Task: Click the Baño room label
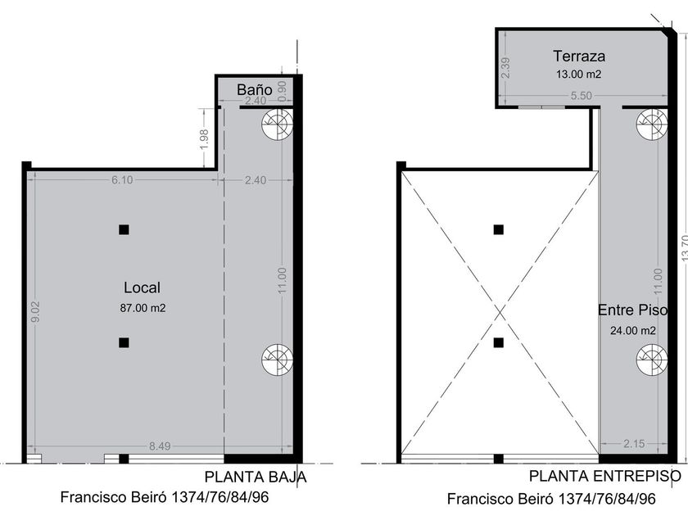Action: [255, 89]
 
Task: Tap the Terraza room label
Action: [579, 57]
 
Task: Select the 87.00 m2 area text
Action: [143, 308]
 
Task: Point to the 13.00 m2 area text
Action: [578, 75]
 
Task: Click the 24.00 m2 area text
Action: [632, 330]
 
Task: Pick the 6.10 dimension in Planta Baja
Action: [122, 180]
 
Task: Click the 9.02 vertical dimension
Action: [35, 311]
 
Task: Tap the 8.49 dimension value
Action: [160, 446]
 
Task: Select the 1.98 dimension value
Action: [204, 138]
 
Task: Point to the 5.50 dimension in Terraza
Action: [581, 95]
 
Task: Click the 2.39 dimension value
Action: [505, 67]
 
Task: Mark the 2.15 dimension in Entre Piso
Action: [634, 444]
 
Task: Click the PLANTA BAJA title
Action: [256, 477]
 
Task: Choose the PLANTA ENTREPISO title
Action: [605, 476]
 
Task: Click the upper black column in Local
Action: [124, 229]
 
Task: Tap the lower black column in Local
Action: [124, 342]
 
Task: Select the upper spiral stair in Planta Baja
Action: [277, 124]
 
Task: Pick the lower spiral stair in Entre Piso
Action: [652, 360]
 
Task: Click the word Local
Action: [143, 287]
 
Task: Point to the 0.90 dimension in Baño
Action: [282, 90]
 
